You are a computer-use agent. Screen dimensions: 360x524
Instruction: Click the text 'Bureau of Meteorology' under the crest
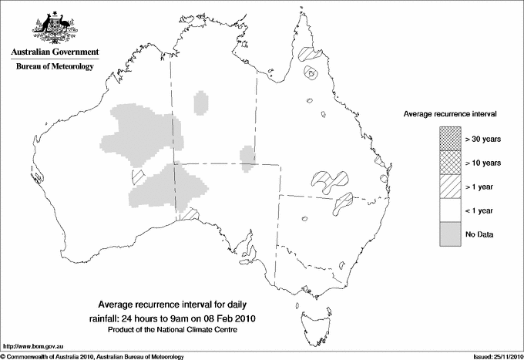[x=55, y=67]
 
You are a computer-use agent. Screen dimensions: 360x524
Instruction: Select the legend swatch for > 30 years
[x=449, y=138]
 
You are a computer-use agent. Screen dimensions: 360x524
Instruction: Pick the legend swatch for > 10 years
[x=449, y=163]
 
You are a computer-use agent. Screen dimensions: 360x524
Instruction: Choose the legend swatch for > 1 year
[x=449, y=186]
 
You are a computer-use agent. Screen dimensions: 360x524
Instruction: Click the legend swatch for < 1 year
[x=449, y=210]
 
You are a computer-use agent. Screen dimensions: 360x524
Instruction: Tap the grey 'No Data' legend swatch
[x=449, y=234]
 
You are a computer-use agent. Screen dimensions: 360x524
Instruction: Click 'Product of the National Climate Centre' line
[x=183, y=330]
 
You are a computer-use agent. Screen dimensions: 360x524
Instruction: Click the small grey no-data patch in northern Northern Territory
[x=201, y=102]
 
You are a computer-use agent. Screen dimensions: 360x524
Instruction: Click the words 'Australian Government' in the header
[x=55, y=52]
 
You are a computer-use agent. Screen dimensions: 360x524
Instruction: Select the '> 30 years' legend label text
[x=483, y=138]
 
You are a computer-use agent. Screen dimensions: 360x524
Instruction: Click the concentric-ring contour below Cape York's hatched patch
[x=311, y=74]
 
